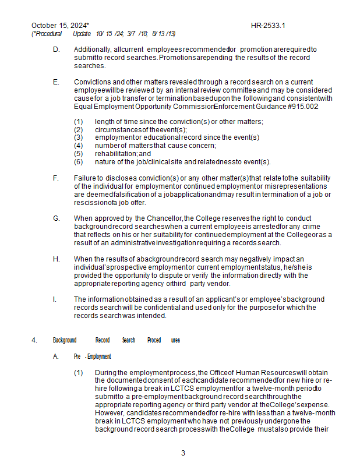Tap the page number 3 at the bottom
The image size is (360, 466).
[183, 453]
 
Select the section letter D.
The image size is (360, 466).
[56, 50]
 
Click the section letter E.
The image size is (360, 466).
[56, 82]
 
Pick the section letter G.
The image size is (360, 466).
[56, 218]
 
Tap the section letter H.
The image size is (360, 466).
[56, 259]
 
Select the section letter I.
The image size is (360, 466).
[55, 299]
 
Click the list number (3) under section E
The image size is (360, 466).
[79, 137]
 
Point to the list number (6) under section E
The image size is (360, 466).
[79, 162]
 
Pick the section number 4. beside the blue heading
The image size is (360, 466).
[34, 340]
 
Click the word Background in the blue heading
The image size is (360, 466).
[65, 340]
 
